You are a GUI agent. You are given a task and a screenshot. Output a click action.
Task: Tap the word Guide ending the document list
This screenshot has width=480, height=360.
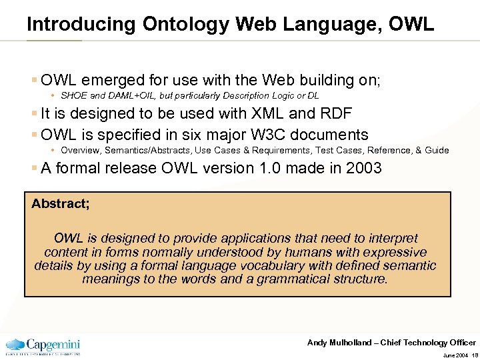pos(437,150)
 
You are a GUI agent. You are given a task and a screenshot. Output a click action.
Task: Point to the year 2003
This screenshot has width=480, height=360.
pos(364,168)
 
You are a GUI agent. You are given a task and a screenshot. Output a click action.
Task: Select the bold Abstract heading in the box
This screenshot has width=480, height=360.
pos(61,204)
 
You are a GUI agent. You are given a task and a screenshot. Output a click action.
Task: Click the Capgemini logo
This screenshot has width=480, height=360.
pos(43,345)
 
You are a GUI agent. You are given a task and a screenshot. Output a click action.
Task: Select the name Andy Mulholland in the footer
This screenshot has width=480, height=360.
pos(339,343)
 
